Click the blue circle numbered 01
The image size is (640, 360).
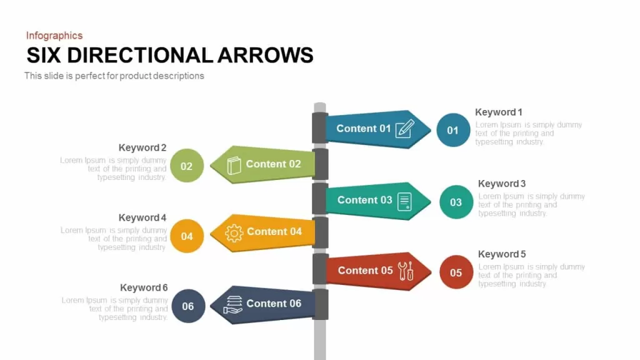pyautogui.click(x=453, y=130)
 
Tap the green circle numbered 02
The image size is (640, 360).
pyautogui.click(x=187, y=166)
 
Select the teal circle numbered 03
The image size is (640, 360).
pyautogui.click(x=456, y=202)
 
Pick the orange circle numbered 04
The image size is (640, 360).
pyautogui.click(x=187, y=236)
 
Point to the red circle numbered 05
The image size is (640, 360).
pyautogui.click(x=456, y=272)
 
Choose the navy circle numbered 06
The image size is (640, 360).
pyautogui.click(x=188, y=306)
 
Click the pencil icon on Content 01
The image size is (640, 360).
pyautogui.click(x=405, y=129)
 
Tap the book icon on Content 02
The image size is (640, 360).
pyautogui.click(x=234, y=165)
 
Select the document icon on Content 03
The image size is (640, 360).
pyautogui.click(x=404, y=202)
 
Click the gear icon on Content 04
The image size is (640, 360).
pyautogui.click(x=234, y=233)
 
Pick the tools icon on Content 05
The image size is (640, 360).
pyautogui.click(x=406, y=271)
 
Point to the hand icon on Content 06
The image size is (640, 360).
pyautogui.click(x=233, y=305)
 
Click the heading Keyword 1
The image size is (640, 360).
pyautogui.click(x=498, y=112)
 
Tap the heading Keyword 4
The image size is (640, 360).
pyautogui.click(x=142, y=217)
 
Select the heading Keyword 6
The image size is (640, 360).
pyautogui.click(x=144, y=287)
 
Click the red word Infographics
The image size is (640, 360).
pyautogui.click(x=54, y=36)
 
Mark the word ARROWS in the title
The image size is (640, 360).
pyautogui.click(x=265, y=56)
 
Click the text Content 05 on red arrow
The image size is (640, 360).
pyautogui.click(x=365, y=271)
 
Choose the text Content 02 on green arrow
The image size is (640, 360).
pyautogui.click(x=274, y=164)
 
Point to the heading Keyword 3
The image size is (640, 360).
pyautogui.click(x=502, y=184)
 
